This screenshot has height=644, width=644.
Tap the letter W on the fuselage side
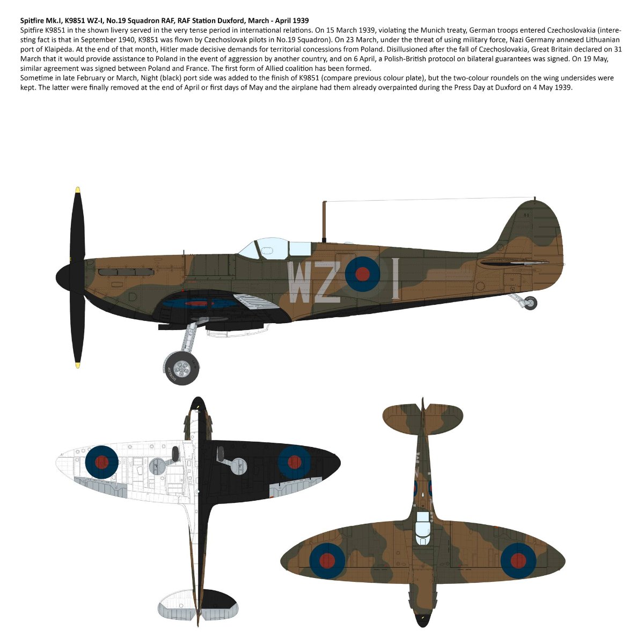pyautogui.click(x=300, y=282)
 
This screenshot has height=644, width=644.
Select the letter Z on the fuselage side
pyautogui.click(x=327, y=282)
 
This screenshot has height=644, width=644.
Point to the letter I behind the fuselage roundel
pyautogui.click(x=396, y=278)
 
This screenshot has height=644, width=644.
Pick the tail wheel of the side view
pyautogui.click(x=531, y=303)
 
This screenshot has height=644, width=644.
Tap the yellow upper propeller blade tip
pyautogui.click(x=78, y=190)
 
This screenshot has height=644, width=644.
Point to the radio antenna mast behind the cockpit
pyautogui.click(x=324, y=221)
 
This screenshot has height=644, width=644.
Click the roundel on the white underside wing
pyautogui.click(x=101, y=462)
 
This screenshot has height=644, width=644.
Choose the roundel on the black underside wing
pyautogui.click(x=294, y=462)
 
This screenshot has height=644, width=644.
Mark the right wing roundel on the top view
pyautogui.click(x=518, y=560)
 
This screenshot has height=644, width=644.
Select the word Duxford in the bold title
pyautogui.click(x=232, y=20)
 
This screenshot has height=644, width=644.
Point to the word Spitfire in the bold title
pyautogui.click(x=33, y=20)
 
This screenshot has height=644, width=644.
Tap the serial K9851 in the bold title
pyautogui.click(x=79, y=20)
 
